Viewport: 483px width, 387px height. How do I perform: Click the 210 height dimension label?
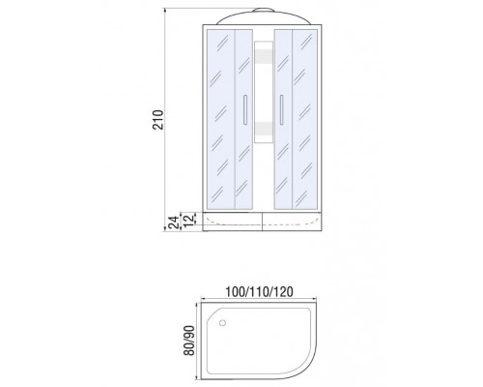coord(158,120)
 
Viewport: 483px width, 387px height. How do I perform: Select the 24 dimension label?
coord(174,223)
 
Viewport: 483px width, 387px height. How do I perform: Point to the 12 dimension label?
coord(190,219)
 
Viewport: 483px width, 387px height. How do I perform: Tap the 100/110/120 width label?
coord(259,292)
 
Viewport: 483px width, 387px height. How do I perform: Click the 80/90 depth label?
coord(189,341)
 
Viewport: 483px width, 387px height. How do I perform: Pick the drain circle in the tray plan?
coord(222,322)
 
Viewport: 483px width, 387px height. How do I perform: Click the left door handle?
coord(245,109)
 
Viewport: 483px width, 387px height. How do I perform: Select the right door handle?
coord(281,109)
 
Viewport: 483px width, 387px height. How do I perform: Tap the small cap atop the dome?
coord(264,10)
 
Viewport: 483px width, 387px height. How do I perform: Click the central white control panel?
coord(264,92)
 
